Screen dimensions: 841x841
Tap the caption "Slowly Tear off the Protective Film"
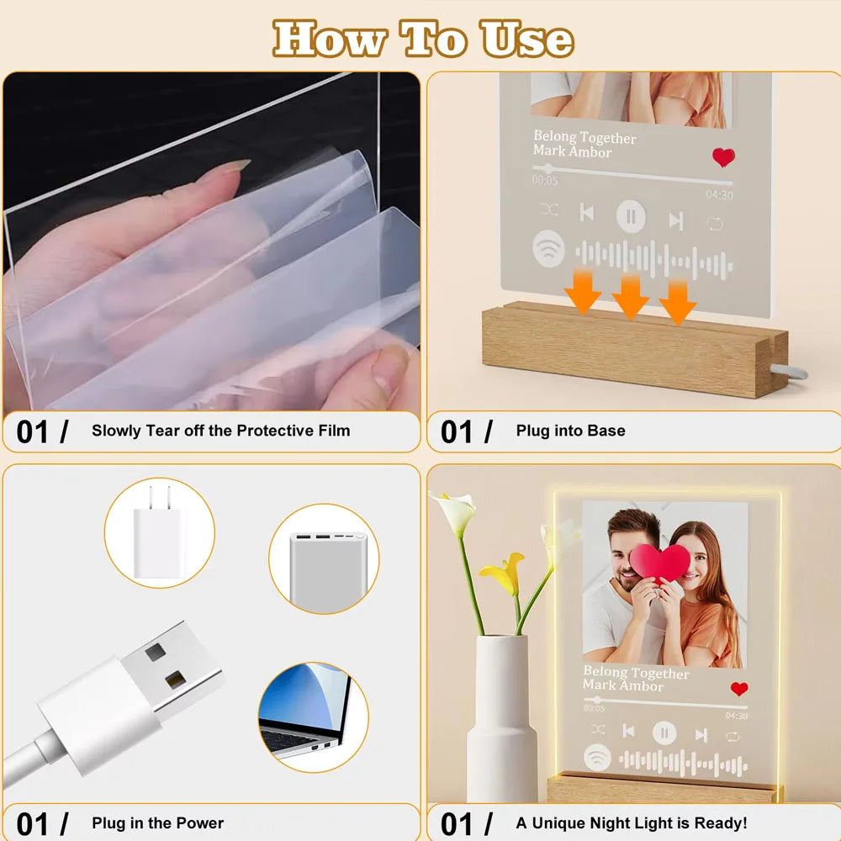pos(220,431)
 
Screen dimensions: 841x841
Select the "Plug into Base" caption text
pos(570,431)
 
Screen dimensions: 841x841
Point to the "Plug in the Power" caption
pos(158,822)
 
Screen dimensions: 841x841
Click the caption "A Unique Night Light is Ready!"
pos(632,822)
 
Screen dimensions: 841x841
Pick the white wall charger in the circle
pos(158,534)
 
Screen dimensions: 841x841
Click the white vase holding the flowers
pos(502,715)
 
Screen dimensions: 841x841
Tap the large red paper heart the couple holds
pos(660,562)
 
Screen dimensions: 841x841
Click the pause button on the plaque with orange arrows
pos(631,217)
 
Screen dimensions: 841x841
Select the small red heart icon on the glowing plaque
pos(739,689)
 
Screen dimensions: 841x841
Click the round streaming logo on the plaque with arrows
pos(548,249)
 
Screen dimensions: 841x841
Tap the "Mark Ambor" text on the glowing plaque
pos(623,685)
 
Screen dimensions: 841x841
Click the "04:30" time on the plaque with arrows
pos(719,195)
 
